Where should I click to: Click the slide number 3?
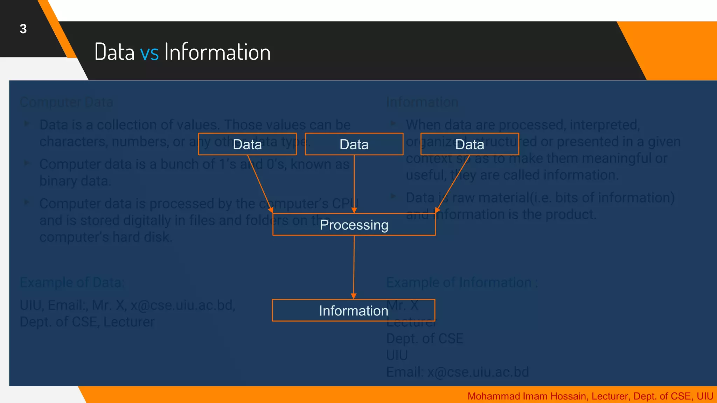[23, 29]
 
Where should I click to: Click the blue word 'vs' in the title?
[149, 52]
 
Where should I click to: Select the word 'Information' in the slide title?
[217, 52]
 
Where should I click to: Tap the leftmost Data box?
[247, 144]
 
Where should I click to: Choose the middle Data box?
[354, 144]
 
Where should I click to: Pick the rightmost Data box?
[469, 144]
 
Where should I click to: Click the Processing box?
[354, 225]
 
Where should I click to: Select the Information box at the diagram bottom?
[354, 310]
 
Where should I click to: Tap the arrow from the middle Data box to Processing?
[354, 184]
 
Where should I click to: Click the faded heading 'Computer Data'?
[67, 102]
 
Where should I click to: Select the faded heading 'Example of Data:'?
[72, 282]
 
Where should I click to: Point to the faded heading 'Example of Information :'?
[461, 282]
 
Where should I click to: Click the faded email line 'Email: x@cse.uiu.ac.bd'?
[457, 372]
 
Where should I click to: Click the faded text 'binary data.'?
[75, 181]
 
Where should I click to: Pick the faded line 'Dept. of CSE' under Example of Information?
[424, 338]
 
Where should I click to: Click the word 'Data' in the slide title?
[114, 52]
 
